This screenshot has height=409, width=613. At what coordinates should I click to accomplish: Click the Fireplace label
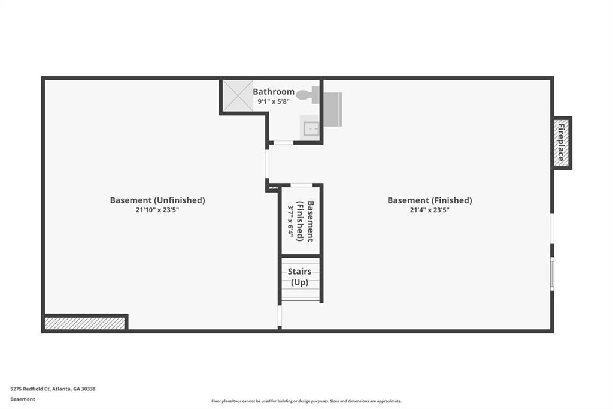tap(562, 143)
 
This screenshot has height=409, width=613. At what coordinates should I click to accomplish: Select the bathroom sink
tap(310, 128)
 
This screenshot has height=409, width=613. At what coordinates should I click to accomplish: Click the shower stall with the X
tap(238, 96)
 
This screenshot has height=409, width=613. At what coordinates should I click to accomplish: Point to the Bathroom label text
tap(274, 92)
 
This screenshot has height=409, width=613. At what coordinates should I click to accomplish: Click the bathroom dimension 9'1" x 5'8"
tap(273, 102)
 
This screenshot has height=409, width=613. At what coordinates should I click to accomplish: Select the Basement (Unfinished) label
tap(157, 200)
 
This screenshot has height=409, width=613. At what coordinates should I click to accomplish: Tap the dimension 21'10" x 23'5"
tap(157, 210)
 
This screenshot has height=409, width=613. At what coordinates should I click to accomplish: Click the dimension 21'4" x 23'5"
tap(429, 210)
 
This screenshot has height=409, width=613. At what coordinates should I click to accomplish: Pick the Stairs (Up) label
tap(300, 276)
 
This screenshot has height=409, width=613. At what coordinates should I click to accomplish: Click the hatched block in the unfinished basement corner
tap(85, 323)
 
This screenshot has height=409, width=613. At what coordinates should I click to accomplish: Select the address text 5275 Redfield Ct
tap(53, 389)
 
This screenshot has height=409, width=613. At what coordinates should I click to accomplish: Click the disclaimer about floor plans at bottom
tap(306, 401)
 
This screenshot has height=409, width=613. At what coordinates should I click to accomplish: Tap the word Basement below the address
tap(23, 399)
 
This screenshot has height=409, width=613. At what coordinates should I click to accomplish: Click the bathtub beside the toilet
tap(332, 109)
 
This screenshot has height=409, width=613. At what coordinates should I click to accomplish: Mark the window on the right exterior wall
tap(552, 274)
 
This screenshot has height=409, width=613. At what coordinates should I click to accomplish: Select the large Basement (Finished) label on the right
tap(429, 200)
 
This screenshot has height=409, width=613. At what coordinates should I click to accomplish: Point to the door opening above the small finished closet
tap(301, 185)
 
